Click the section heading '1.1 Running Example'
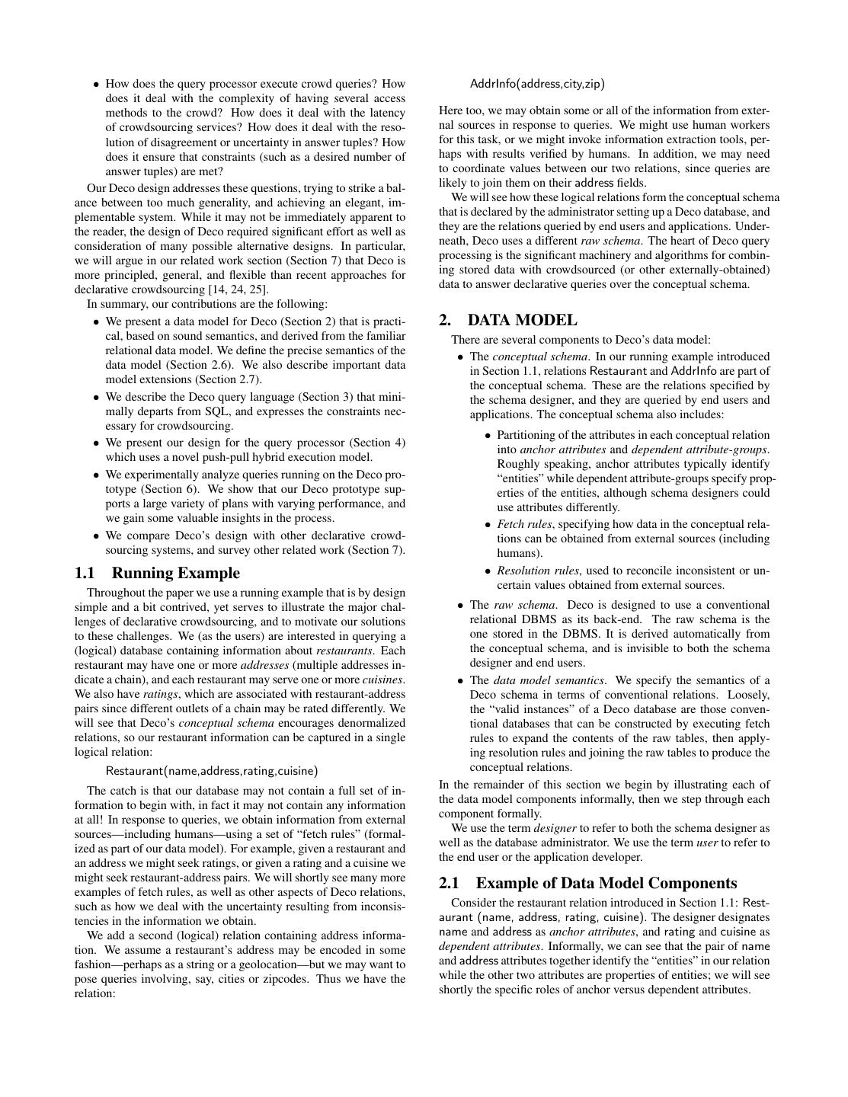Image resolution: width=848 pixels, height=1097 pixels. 157,573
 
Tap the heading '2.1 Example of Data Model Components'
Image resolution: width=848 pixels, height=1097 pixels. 587,883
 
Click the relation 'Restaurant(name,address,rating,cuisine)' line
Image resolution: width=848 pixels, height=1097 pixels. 212,771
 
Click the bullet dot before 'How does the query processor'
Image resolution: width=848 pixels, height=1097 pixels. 96,85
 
